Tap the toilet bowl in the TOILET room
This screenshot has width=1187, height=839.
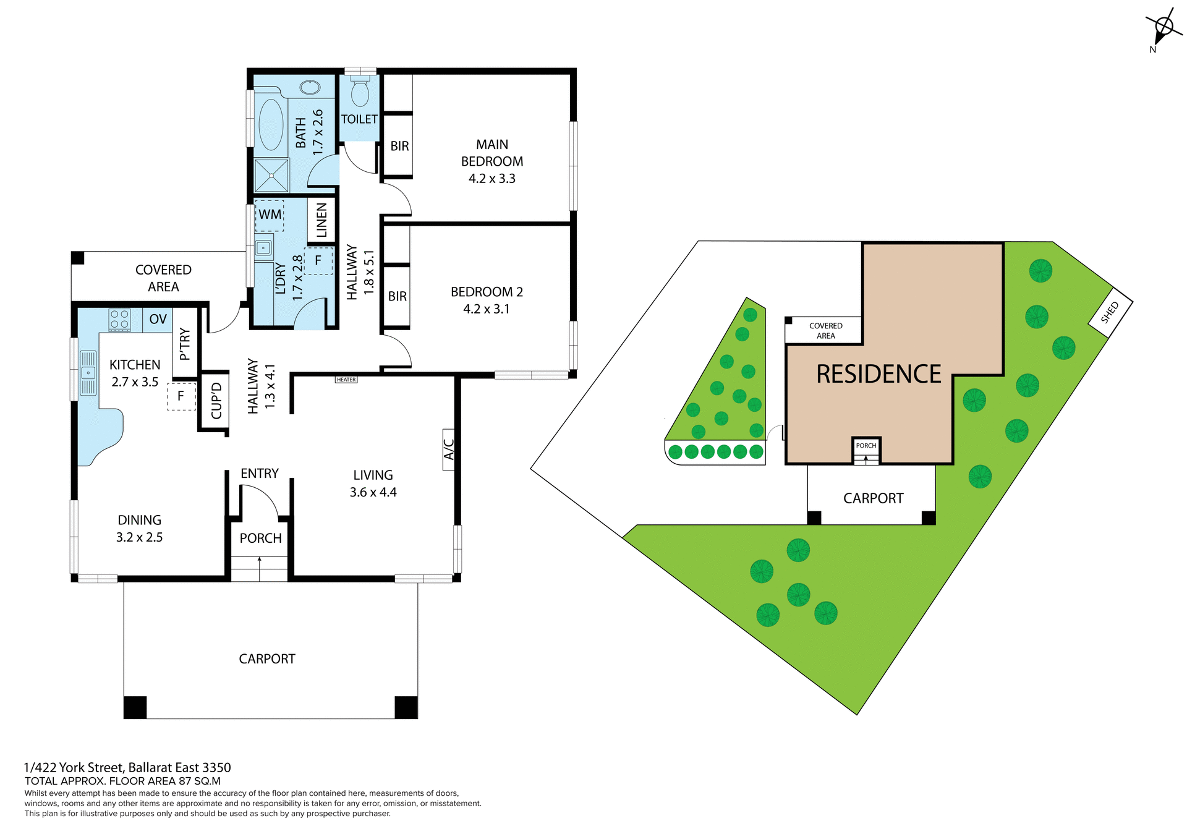pyautogui.click(x=359, y=93)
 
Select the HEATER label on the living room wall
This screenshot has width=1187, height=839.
pyautogui.click(x=346, y=380)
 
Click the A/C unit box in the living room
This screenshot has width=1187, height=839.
pyautogui.click(x=449, y=449)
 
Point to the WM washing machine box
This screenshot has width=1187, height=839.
pyautogui.click(x=270, y=215)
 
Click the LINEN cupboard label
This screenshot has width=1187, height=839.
pyautogui.click(x=321, y=220)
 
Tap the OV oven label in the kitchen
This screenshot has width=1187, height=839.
pyautogui.click(x=158, y=319)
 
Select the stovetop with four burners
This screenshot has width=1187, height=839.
pyautogui.click(x=119, y=320)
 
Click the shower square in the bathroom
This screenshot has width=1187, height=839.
pyautogui.click(x=271, y=176)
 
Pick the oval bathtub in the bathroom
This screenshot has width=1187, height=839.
pyautogui.click(x=271, y=124)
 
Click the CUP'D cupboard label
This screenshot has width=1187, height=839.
pyautogui.click(x=216, y=401)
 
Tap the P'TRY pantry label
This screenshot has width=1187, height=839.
pyautogui.click(x=184, y=344)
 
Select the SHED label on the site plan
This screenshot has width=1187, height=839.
pyautogui.click(x=1110, y=313)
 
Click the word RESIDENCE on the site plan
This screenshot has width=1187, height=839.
pyautogui.click(x=878, y=375)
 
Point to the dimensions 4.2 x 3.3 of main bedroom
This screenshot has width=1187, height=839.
pyautogui.click(x=491, y=179)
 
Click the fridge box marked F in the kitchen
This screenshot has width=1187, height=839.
pyautogui.click(x=181, y=396)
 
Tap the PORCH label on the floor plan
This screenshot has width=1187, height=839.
pyautogui.click(x=260, y=538)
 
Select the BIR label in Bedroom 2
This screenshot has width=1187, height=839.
pyautogui.click(x=397, y=297)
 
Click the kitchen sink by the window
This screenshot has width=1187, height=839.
pyautogui.click(x=88, y=373)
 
